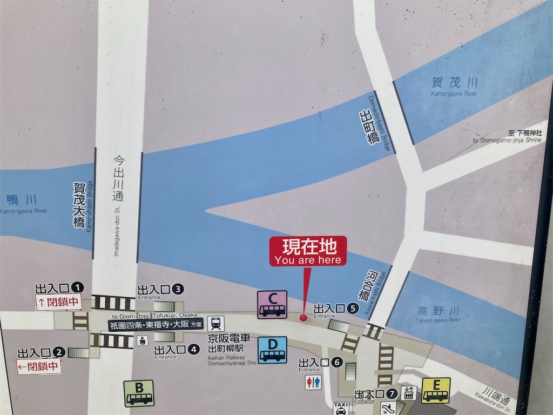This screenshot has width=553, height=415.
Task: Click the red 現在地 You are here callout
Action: pyautogui.click(x=308, y=251)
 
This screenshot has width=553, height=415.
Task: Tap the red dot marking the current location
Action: pyautogui.click(x=303, y=318)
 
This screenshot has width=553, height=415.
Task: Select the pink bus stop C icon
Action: pyautogui.click(x=272, y=305)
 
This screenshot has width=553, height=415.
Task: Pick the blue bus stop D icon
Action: pyautogui.click(x=272, y=350)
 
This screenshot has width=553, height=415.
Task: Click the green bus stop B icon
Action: pyautogui.click(x=139, y=393)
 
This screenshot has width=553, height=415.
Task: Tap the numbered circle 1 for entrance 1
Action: pyautogui.click(x=79, y=287)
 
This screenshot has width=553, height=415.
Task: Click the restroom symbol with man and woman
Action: pyautogui.click(x=313, y=382)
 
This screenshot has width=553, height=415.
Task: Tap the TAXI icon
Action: pyautogui.click(x=341, y=408)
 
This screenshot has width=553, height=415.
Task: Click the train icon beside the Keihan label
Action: pyautogui.click(x=216, y=324)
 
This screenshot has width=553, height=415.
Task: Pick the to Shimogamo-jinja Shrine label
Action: pyautogui.click(x=505, y=136)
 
